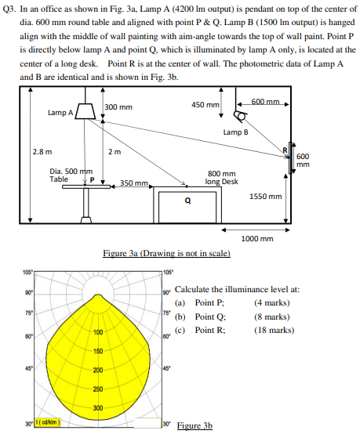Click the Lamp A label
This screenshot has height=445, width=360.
click(x=60, y=112)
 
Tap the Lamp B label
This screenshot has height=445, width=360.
click(x=235, y=132)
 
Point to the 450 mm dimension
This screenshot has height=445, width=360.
click(x=205, y=104)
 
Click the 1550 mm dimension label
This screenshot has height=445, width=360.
click(x=265, y=197)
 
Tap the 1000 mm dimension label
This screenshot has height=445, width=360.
click(x=257, y=238)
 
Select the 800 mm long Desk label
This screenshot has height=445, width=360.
click(x=222, y=178)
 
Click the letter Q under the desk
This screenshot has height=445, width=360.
click(x=186, y=199)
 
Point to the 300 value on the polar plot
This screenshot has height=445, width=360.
click(x=99, y=407)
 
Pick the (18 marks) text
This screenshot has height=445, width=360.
click(x=274, y=330)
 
